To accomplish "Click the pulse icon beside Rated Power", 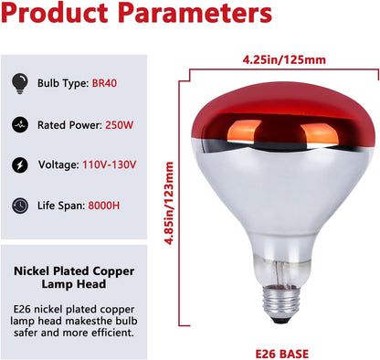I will pyautogui.click(x=20, y=126).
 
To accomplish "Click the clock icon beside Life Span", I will pyautogui.click(x=20, y=206).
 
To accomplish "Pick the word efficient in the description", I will pyautogui.click(x=117, y=333).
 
